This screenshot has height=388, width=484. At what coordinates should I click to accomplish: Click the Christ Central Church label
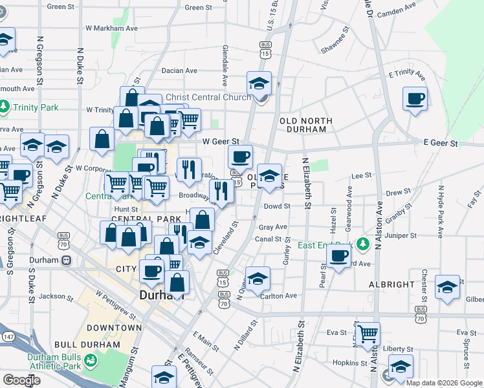pyautogui.click(x=208, y=98)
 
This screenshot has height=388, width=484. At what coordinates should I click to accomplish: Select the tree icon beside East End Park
pyautogui.click(x=364, y=244)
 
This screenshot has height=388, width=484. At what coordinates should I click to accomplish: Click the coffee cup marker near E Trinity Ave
pyautogui.click(x=415, y=99)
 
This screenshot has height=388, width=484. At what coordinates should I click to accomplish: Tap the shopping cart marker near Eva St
pyautogui.click(x=368, y=334)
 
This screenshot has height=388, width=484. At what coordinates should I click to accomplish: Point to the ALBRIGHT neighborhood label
pyautogui.click(x=392, y=285)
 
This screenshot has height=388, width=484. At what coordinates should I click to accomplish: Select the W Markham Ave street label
pyautogui.click(x=112, y=28)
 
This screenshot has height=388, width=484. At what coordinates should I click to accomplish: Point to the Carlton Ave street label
pyautogui.click(x=278, y=296)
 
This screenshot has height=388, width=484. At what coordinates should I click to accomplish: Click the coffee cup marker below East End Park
pyautogui.click(x=337, y=257)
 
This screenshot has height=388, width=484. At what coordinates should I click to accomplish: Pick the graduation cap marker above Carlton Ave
pyautogui.click(x=258, y=278)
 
